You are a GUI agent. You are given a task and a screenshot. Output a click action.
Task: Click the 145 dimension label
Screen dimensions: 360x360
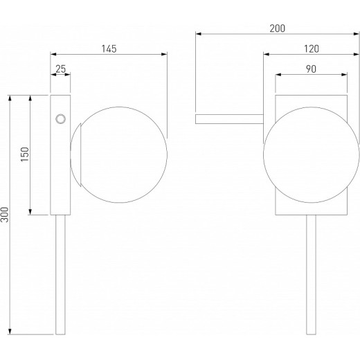[x=109, y=48]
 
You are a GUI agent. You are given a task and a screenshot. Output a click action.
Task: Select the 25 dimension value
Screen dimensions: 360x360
[x=61, y=69]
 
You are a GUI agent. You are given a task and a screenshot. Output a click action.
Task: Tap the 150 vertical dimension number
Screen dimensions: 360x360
[x=25, y=154]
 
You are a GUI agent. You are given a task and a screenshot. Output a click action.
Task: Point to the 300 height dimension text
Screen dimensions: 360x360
[x=5, y=215]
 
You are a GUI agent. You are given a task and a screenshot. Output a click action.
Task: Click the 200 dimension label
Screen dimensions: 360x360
[x=278, y=28]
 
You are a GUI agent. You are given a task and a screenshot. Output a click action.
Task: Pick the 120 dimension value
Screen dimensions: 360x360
[x=312, y=48]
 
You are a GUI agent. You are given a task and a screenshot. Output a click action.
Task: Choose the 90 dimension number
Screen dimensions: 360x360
[x=311, y=69]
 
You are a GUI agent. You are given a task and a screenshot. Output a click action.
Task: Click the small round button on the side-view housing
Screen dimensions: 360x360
[x=60, y=119]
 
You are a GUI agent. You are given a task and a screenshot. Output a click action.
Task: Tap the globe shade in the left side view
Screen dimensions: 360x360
[x=119, y=155]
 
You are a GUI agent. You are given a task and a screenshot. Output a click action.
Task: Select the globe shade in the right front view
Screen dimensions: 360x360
[x=312, y=155]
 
